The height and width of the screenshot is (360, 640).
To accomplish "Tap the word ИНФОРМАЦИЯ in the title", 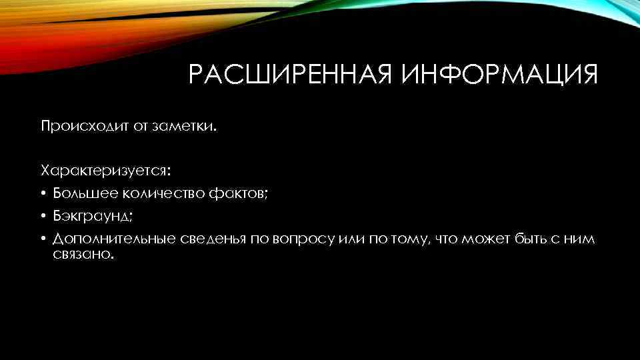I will (x=499, y=75).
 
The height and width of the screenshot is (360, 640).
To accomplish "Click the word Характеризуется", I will (x=106, y=171).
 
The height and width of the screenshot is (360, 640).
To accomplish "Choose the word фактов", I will (x=238, y=194).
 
